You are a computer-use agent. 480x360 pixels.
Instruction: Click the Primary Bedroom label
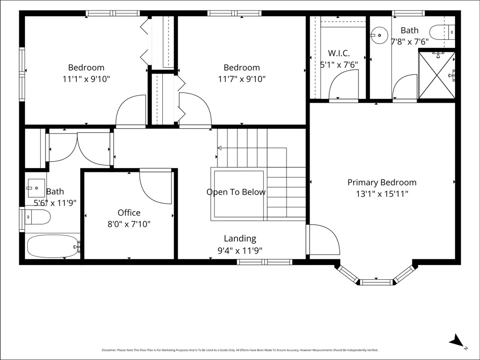[382, 182]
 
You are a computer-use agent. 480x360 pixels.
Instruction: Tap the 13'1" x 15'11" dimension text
[382, 194]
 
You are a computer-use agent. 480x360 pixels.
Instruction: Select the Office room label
[129, 213]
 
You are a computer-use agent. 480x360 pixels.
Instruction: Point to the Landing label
[240, 239]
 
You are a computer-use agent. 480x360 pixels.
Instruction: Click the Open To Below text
[236, 192]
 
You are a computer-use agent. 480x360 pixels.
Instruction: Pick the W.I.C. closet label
[339, 53]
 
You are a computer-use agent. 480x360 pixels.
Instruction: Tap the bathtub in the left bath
[53, 246]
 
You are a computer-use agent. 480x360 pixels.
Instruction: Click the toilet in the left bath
[37, 217]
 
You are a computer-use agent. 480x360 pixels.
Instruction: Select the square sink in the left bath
[36, 188]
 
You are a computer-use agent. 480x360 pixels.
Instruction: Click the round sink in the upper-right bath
[380, 35]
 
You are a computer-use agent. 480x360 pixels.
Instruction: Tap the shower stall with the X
[436, 75]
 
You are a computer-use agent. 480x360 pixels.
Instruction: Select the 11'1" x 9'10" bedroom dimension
[86, 79]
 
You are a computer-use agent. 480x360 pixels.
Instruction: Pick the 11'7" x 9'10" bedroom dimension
[241, 79]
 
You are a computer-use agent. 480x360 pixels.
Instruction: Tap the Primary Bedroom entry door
[323, 240]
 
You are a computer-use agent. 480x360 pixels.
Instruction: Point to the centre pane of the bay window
[376, 282]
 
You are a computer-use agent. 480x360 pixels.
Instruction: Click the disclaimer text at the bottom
[240, 350]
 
